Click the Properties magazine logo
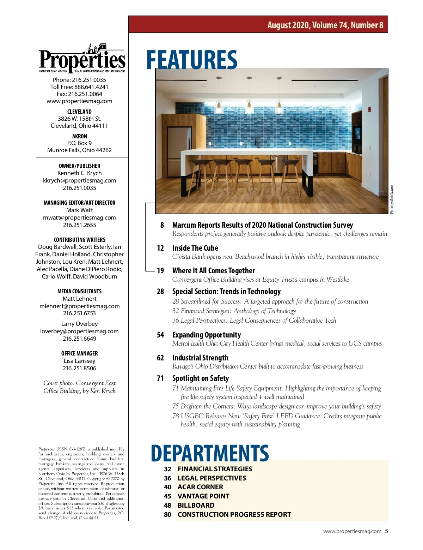(x=82, y=59)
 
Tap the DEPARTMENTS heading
(x=210, y=453)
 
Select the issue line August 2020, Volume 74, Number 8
(x=325, y=25)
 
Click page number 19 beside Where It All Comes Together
(x=160, y=271)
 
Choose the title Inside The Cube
(x=195, y=248)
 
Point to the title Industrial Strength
(x=200, y=358)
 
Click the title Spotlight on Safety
(x=200, y=378)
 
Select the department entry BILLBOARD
(x=196, y=505)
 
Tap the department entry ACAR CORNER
(x=200, y=487)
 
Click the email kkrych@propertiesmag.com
(x=80, y=180)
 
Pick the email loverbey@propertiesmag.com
(x=79, y=331)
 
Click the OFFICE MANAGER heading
(x=80, y=353)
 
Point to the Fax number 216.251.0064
(x=80, y=94)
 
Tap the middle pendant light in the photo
(x=249, y=102)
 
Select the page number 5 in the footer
(x=386, y=531)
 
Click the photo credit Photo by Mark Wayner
(x=392, y=199)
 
